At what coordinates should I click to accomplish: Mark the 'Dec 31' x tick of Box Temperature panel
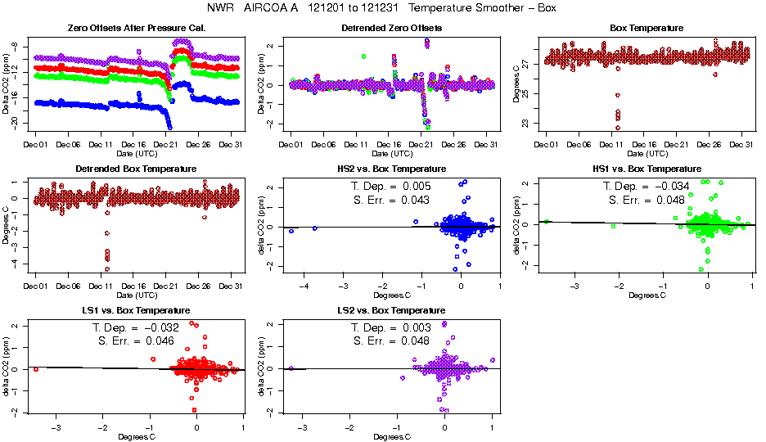[741, 145]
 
